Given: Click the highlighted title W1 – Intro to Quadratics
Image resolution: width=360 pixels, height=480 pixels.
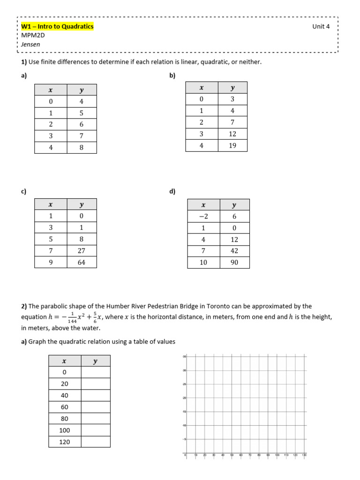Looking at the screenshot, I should [57, 27].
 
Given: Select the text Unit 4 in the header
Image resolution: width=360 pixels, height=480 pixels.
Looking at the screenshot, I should [321, 27].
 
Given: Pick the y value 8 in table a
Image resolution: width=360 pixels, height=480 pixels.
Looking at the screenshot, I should [81, 147].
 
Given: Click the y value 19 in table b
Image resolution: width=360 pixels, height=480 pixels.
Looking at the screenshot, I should [232, 145].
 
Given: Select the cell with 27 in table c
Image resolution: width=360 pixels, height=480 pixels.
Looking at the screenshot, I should [81, 251].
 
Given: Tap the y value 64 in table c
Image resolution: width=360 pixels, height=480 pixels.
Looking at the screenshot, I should [81, 262].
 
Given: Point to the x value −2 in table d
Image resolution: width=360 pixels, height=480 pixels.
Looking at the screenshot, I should [203, 216].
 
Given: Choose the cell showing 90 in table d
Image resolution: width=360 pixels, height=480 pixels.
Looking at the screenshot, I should [234, 262].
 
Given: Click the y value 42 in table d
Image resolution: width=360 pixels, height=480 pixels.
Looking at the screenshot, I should [234, 251].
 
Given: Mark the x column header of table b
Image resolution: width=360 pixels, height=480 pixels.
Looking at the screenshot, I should [202, 88].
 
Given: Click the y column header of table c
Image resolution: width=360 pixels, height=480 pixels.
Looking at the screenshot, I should [81, 204].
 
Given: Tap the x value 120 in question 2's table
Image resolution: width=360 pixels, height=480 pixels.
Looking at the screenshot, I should [65, 442].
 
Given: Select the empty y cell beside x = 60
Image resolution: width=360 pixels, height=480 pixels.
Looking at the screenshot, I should [96, 407].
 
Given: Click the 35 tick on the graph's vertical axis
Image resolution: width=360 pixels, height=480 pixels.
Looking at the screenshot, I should [185, 357].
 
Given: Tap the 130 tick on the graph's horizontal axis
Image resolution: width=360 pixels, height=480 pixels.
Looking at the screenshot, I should [305, 455].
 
